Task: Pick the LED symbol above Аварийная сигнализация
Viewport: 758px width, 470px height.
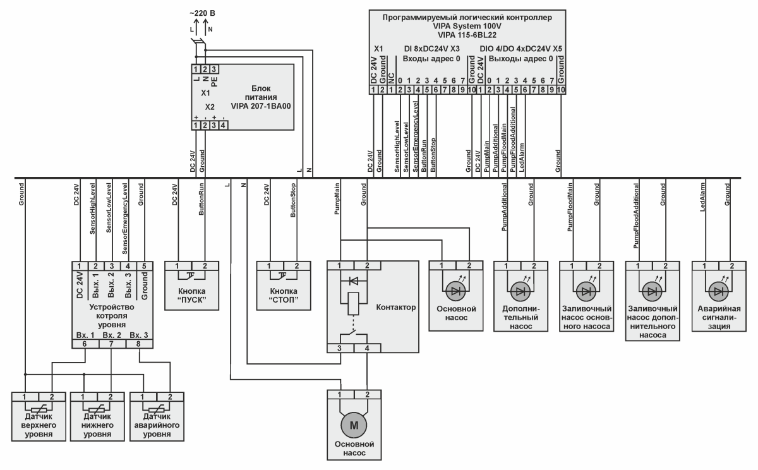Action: pyautogui.click(x=718, y=291)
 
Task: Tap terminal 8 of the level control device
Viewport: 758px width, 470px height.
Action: pyautogui.click(x=138, y=344)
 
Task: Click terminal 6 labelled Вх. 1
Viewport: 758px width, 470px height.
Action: pyautogui.click(x=84, y=344)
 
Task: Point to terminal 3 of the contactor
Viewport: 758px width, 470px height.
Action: pyautogui.click(x=340, y=348)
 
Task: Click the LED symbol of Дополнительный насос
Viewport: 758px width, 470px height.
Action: pyautogui.click(x=520, y=291)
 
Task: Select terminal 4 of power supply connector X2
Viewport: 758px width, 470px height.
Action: pyautogui.click(x=223, y=125)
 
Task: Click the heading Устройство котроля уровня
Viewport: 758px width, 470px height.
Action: pyautogui.click(x=111, y=315)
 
